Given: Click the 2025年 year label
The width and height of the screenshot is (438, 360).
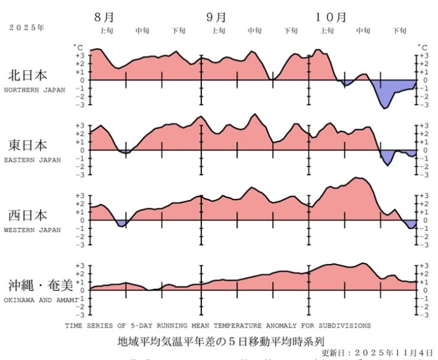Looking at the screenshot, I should [x=27, y=27].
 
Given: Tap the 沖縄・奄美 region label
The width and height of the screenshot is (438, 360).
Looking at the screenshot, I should [x=40, y=285].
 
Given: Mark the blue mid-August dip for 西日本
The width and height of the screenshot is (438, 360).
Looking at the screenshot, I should [x=123, y=223].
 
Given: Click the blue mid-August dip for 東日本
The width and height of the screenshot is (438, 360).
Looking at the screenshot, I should [x=124, y=152].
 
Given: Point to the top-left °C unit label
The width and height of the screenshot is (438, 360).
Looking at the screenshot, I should [x=78, y=46].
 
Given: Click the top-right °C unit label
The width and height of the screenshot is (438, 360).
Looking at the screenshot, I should [x=422, y=46].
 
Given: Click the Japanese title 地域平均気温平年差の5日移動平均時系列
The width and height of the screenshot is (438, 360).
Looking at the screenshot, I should [x=221, y=342].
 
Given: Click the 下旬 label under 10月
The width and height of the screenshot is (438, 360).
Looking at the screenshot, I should [x=400, y=31].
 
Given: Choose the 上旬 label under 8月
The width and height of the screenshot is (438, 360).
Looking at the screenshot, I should [x=107, y=31].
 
